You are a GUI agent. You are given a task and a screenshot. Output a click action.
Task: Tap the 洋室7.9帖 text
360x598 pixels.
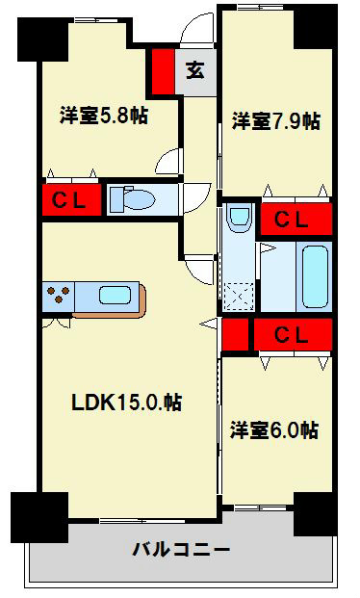(x=275, y=121)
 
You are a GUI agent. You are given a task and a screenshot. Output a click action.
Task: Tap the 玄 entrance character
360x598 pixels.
(x=194, y=70)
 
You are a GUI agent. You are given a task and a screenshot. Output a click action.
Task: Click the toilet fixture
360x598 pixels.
(x=134, y=199)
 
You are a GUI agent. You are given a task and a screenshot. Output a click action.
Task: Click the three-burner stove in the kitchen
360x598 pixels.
(x=57, y=296)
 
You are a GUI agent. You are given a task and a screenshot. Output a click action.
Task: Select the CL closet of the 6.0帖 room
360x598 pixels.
(x=292, y=335)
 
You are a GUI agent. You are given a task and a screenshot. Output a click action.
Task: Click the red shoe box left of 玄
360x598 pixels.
(x=161, y=70)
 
